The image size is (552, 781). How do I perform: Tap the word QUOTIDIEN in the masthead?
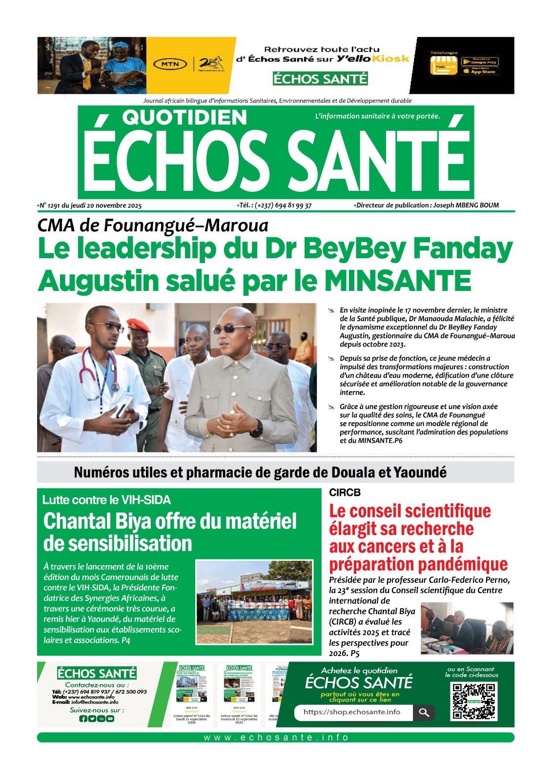184,117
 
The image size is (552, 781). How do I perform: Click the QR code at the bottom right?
473,701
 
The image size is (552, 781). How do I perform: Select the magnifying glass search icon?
424,713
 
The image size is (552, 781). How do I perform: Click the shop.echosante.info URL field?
352,712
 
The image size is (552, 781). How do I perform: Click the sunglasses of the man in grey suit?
231,329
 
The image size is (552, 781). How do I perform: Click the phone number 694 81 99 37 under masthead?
293,206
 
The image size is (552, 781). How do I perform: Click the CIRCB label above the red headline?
345,493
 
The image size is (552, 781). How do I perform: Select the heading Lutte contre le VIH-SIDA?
106,500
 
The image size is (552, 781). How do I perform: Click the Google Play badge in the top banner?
480,62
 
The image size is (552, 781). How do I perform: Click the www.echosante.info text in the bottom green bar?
276,738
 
